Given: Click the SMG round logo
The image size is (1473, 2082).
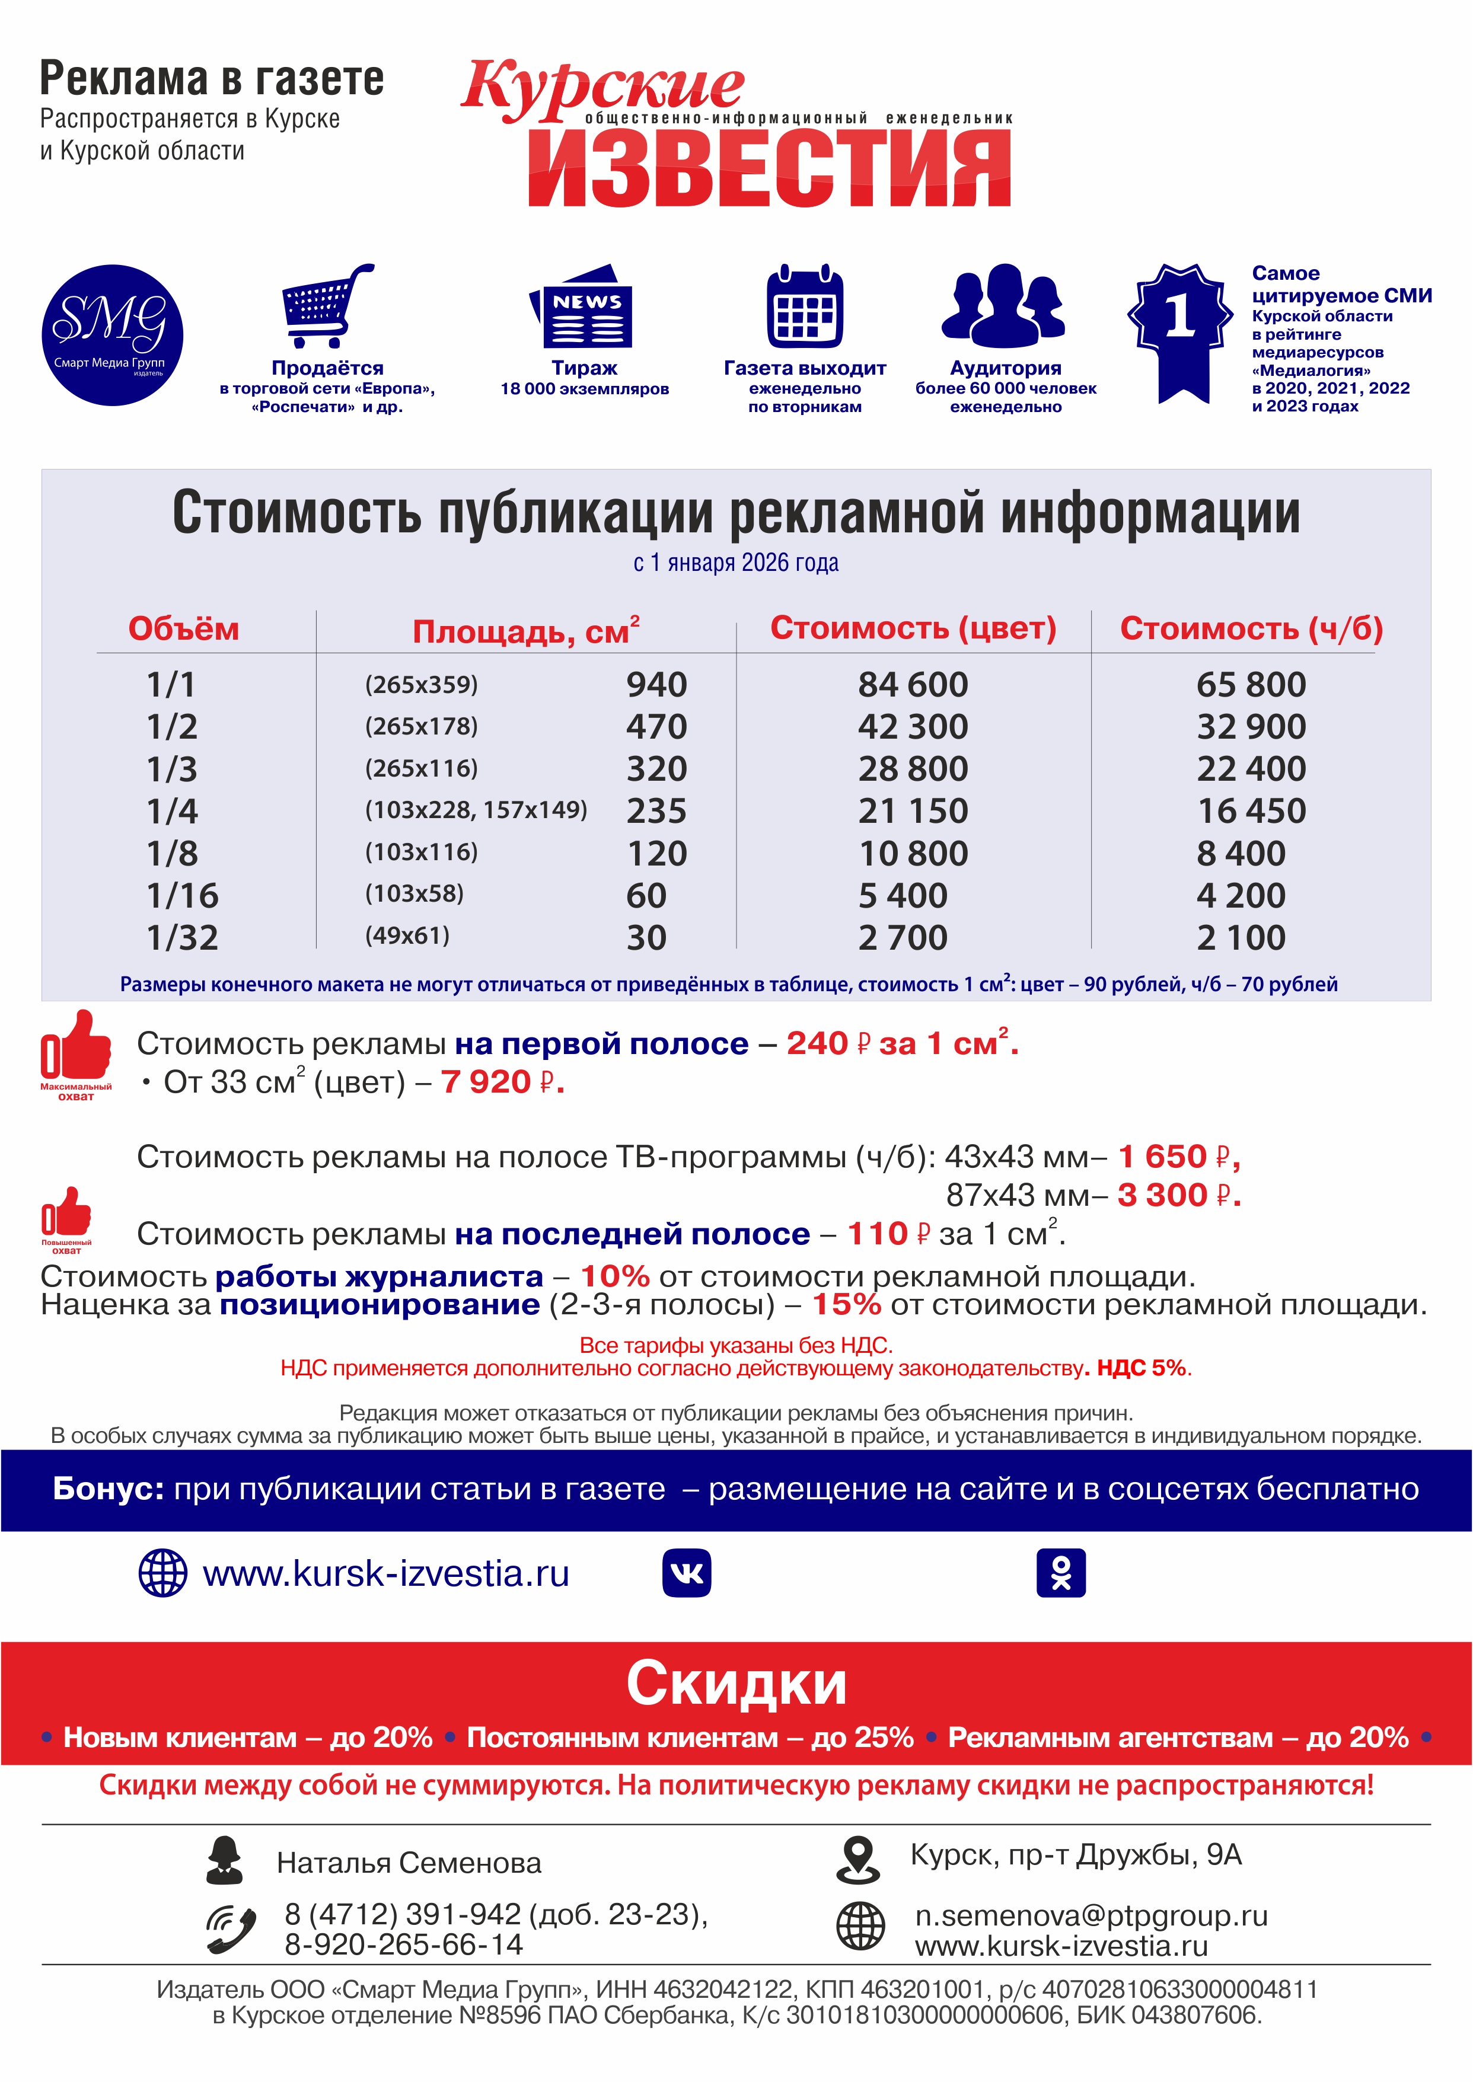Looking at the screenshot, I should [113, 334].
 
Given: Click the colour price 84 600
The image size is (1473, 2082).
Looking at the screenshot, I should [913, 685].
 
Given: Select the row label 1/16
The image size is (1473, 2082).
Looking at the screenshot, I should [182, 896].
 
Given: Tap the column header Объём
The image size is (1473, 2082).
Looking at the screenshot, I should [183, 628].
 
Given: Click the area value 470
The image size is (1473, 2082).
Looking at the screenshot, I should [656, 726].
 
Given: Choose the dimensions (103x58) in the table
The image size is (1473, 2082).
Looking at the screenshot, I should [415, 893].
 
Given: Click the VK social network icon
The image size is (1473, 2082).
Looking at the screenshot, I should [687, 1572].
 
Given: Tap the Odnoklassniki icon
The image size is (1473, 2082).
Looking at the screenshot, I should [1060, 1572].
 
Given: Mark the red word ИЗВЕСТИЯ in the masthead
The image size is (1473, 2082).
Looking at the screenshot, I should [769, 170].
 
